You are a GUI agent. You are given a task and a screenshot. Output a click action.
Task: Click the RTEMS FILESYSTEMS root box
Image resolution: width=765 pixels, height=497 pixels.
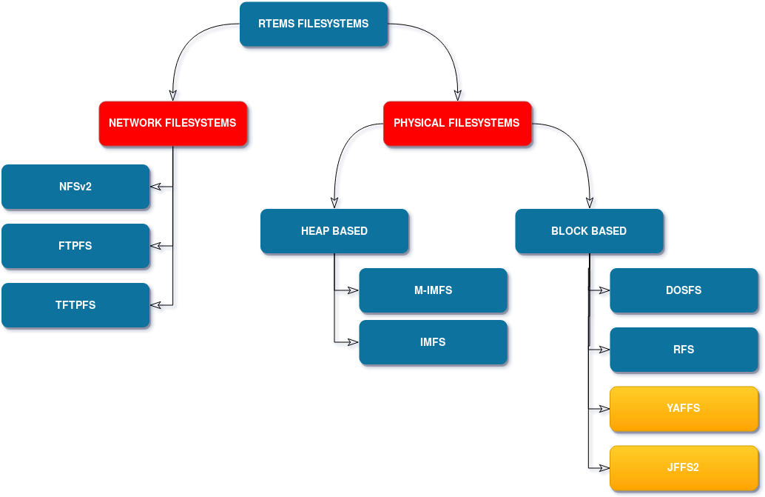(x=314, y=24)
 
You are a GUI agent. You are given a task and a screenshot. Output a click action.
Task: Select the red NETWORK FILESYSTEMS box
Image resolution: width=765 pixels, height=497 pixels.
(x=172, y=123)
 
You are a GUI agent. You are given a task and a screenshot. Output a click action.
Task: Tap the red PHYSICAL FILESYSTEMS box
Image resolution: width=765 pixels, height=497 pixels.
(x=456, y=123)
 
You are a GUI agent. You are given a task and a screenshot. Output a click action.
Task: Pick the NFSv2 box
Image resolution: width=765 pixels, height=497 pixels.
(x=75, y=187)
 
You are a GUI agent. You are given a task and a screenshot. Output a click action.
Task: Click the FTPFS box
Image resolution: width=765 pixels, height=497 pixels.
(x=75, y=246)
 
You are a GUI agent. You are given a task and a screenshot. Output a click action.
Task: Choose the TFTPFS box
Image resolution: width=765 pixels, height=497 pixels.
(x=75, y=305)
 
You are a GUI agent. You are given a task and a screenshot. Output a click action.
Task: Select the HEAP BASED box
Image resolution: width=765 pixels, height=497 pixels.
(x=334, y=231)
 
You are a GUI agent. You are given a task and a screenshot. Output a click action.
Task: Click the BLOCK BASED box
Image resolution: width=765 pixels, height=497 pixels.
(x=589, y=231)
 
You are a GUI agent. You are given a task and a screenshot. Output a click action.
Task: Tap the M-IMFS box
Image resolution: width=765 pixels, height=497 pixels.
(x=433, y=290)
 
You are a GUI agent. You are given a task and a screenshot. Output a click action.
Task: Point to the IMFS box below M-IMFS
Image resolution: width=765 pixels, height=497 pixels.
(x=433, y=342)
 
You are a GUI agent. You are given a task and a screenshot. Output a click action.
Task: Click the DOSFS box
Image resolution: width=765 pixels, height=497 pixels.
(x=684, y=290)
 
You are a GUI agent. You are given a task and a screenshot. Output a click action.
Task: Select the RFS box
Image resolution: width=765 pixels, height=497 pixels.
(x=684, y=350)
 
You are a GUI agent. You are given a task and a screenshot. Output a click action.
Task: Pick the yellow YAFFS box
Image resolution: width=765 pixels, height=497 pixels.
(x=684, y=408)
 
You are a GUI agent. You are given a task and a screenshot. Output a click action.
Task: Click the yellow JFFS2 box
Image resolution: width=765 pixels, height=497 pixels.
(x=684, y=467)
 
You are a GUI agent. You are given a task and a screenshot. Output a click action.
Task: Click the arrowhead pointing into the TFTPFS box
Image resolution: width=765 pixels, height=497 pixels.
(x=155, y=306)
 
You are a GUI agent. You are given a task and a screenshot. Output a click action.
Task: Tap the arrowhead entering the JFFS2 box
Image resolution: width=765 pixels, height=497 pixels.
(x=604, y=469)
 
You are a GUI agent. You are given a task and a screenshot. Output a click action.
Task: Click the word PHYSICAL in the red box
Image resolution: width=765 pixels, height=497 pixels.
(x=419, y=123)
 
